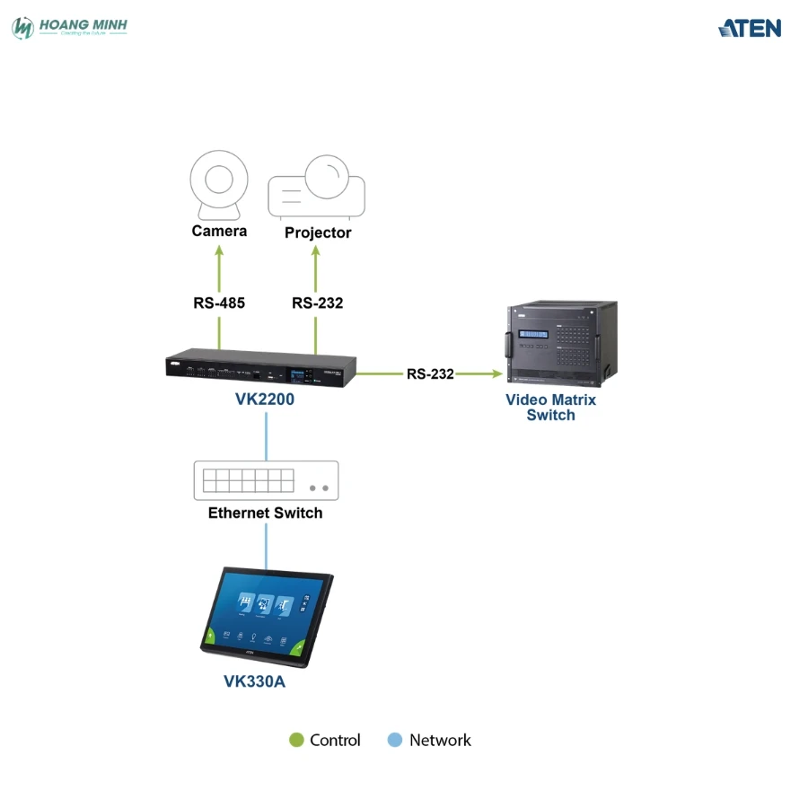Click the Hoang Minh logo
pos(69,28)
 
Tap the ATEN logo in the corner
pos(750,28)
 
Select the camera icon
pos(219,186)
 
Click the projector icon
pos(317,187)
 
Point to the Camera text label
pos(219,232)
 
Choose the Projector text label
pos(318,233)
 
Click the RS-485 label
pos(219,303)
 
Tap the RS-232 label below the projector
pos(317,303)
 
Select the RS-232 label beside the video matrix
pos(430,373)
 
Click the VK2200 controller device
pos(260,368)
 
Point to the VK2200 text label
pos(265,400)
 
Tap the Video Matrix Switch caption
pos(550,407)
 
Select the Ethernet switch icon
pos(266,480)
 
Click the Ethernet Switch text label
pos(265,514)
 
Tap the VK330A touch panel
pos(266,617)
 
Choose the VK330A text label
pos(254,681)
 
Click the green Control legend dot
pos(296,740)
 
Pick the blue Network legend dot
pos(394,740)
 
